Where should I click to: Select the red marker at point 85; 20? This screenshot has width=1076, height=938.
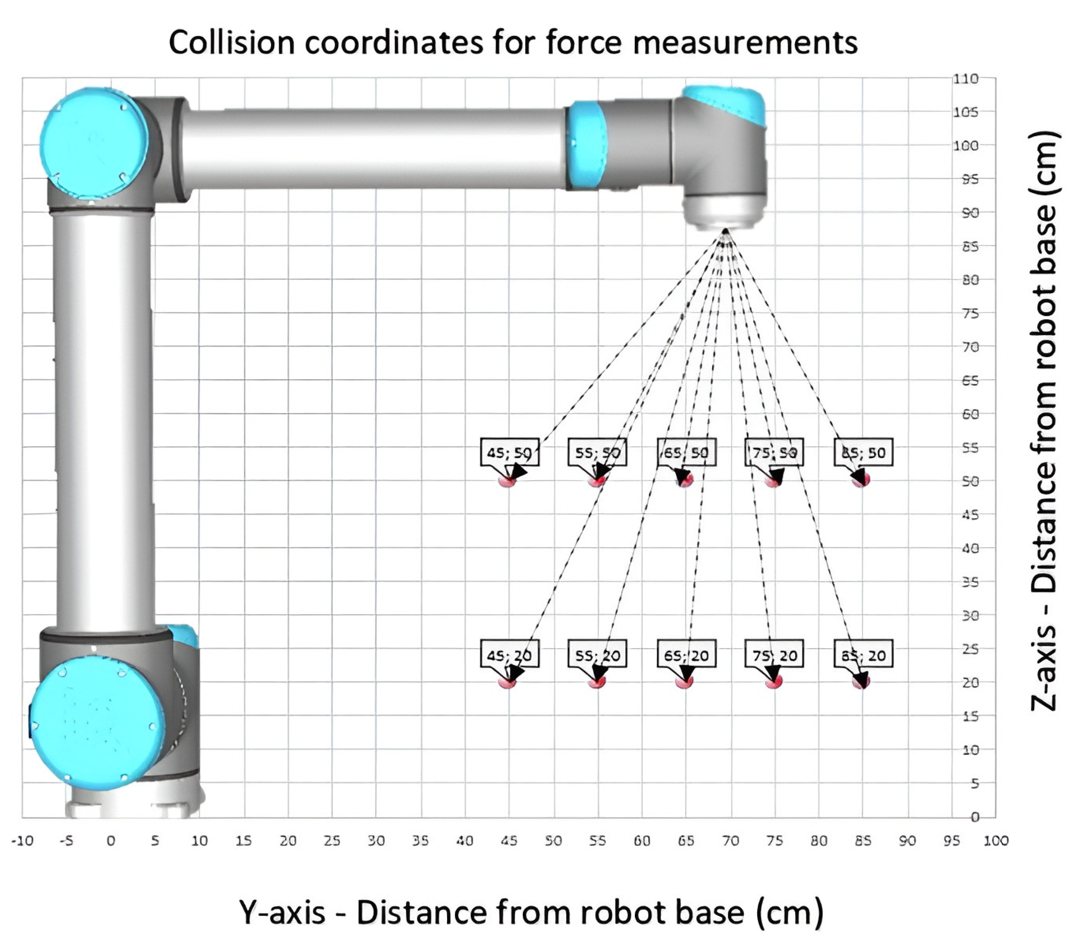(x=861, y=682)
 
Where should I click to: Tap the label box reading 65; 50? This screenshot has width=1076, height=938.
(x=686, y=452)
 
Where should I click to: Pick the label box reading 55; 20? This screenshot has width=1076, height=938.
(x=597, y=655)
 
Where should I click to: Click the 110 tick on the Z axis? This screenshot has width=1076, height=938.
(x=965, y=79)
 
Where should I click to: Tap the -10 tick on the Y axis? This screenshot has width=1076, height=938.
(x=22, y=841)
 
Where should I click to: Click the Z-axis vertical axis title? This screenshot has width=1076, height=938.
(x=1045, y=421)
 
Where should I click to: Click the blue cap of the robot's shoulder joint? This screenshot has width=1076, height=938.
(x=94, y=143)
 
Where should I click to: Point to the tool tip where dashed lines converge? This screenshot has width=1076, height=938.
(x=725, y=230)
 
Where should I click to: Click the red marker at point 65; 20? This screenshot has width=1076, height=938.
(x=684, y=682)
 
